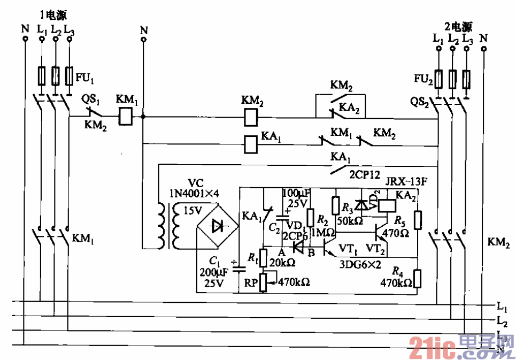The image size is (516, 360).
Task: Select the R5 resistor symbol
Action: click(x=418, y=220)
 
